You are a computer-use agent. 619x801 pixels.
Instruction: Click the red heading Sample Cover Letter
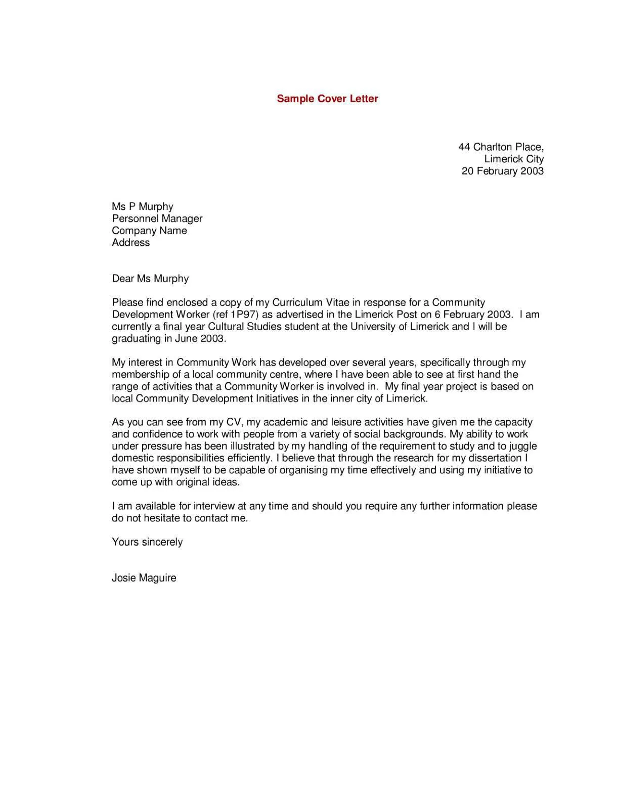tap(327, 99)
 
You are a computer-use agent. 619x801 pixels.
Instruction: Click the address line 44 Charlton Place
tap(501, 147)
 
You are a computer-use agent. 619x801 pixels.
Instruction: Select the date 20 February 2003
tap(502, 171)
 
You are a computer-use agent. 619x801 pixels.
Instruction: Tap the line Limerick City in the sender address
tap(513, 159)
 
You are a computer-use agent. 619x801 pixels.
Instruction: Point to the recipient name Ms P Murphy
tap(142, 206)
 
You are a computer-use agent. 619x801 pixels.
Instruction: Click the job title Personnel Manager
tap(157, 218)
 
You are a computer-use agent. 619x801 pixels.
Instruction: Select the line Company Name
tap(149, 231)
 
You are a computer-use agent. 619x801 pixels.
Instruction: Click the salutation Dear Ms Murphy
tap(150, 279)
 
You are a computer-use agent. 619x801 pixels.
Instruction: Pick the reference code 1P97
tap(243, 315)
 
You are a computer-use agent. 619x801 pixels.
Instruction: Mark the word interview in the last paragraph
tap(214, 506)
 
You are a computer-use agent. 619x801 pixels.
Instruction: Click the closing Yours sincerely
tap(147, 542)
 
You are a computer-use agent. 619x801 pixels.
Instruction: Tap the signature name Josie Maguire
tap(144, 578)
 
